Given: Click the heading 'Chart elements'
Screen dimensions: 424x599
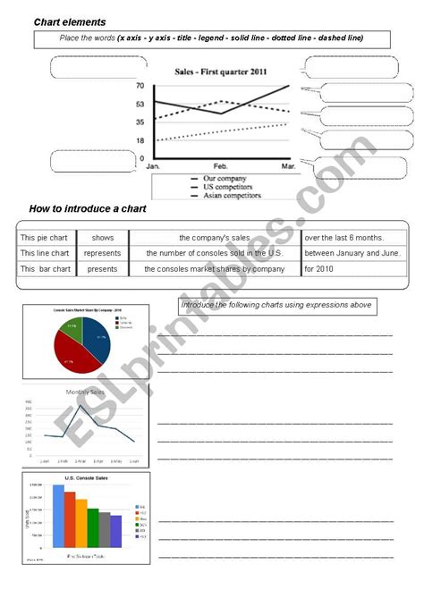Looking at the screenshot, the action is coord(70,21).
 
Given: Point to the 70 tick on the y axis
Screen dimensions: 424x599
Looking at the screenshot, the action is coord(140,86).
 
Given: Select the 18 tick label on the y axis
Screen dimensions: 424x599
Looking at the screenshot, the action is coord(140,140).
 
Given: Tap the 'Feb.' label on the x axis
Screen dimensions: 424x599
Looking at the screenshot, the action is coord(221,167).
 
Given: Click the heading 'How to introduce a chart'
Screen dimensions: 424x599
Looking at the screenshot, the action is coord(88,208).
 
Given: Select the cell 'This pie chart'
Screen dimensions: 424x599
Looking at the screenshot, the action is coord(45,237).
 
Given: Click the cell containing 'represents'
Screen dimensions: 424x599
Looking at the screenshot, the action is coord(102,253).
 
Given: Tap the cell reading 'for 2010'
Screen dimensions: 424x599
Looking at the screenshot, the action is coord(322,268).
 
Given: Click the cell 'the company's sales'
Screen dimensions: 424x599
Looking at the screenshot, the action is coord(214,237).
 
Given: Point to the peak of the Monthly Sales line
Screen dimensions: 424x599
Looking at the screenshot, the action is coord(82,407).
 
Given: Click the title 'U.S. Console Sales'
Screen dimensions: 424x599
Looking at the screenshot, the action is coord(86,478).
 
